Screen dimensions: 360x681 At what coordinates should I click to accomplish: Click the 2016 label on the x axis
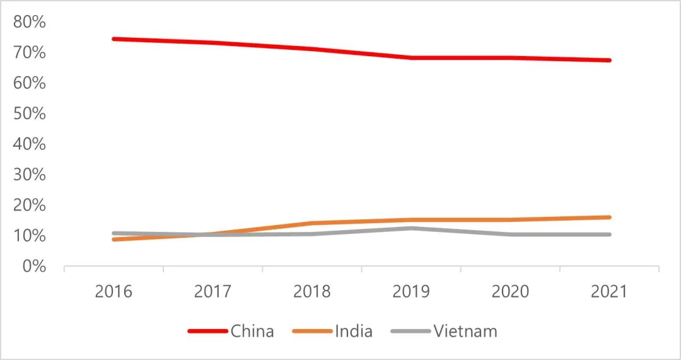click(x=113, y=291)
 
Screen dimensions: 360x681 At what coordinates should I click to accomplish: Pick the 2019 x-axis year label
click(x=411, y=291)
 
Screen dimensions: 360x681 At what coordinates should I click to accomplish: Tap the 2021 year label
click(x=609, y=291)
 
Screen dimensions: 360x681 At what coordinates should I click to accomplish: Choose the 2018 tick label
click(x=312, y=291)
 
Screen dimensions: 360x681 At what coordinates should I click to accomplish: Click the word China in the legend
click(x=252, y=331)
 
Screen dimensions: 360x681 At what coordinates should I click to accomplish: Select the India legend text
click(x=354, y=331)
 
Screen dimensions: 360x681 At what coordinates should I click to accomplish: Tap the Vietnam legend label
click(x=465, y=331)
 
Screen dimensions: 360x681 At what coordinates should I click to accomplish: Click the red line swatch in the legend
click(x=207, y=331)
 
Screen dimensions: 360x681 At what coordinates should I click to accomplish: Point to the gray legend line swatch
click(x=410, y=331)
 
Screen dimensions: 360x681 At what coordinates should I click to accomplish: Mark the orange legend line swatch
click(x=313, y=331)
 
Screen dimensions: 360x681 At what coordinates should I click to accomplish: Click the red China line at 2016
click(x=113, y=38)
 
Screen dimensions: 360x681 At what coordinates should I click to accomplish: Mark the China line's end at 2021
click(x=609, y=60)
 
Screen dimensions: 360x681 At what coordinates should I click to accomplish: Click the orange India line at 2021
click(x=609, y=218)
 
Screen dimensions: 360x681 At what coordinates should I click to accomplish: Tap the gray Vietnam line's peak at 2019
click(x=411, y=228)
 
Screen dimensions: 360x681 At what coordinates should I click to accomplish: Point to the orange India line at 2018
click(x=312, y=223)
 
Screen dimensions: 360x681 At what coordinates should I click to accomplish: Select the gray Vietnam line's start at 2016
click(x=113, y=233)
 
